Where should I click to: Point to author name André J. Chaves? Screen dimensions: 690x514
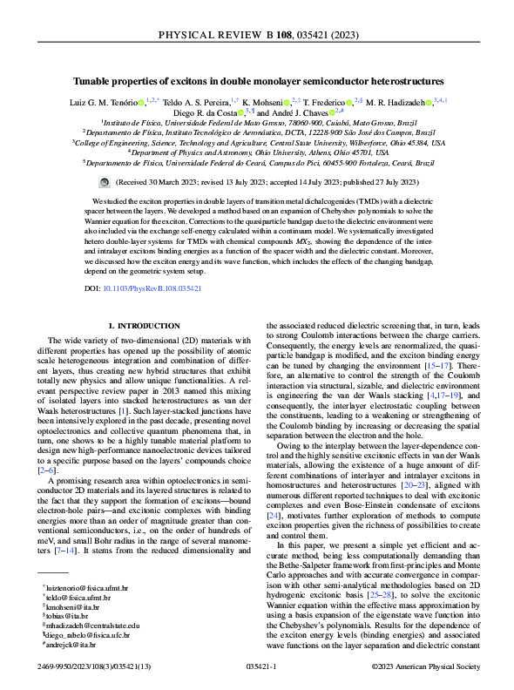[307, 112]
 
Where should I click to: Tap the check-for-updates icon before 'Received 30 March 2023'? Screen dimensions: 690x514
[105, 183]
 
